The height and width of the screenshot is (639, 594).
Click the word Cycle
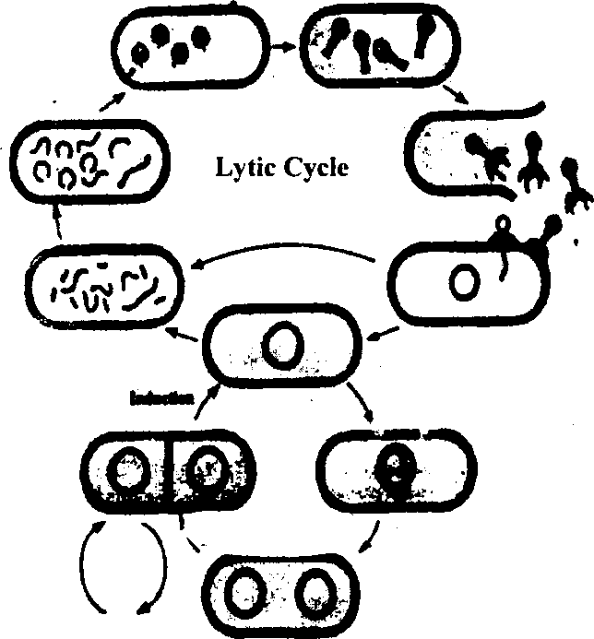pyautogui.click(x=315, y=170)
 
